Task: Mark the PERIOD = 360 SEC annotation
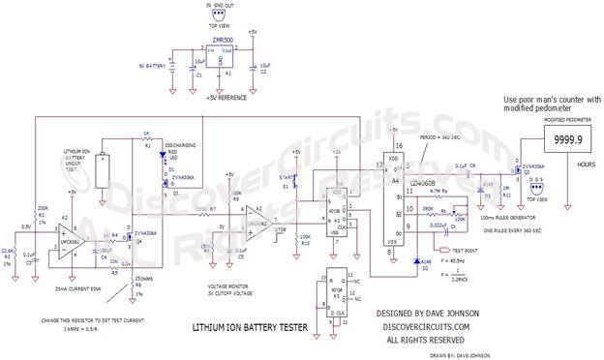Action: pyautogui.click(x=440, y=138)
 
